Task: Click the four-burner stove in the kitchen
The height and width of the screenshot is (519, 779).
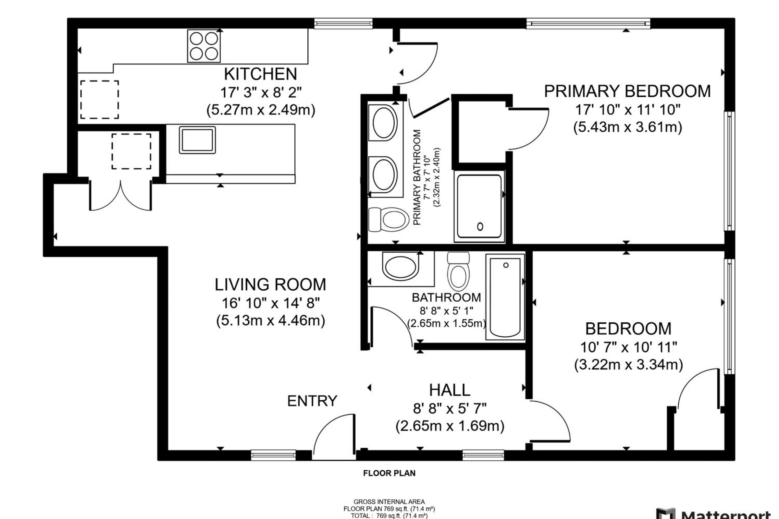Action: (x=204, y=46)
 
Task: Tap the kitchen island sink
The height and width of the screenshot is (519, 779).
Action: (x=197, y=140)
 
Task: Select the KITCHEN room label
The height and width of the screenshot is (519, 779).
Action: (x=261, y=74)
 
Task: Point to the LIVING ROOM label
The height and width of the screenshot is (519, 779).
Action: (x=270, y=284)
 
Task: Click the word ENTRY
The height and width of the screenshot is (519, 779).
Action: (x=312, y=401)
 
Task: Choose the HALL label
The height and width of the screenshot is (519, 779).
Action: (x=450, y=390)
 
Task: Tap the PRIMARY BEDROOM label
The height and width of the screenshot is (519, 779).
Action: (x=627, y=91)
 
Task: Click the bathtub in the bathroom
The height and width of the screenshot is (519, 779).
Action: (x=505, y=297)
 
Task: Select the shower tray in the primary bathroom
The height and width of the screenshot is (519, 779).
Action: (x=479, y=206)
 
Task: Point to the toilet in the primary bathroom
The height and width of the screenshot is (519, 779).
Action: (x=389, y=220)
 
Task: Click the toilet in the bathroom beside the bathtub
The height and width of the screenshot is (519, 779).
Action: (x=458, y=271)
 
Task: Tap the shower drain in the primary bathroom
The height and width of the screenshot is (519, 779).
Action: (x=480, y=227)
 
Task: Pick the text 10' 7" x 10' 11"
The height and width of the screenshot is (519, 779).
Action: (x=628, y=347)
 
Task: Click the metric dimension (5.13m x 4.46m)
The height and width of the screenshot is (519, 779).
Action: (x=271, y=320)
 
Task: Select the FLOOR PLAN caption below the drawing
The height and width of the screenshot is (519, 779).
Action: (x=389, y=473)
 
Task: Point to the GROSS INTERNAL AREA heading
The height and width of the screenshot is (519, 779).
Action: (x=389, y=502)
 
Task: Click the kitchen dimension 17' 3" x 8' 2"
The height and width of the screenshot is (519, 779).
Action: (x=261, y=92)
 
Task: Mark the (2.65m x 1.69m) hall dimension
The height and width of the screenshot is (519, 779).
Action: (x=450, y=426)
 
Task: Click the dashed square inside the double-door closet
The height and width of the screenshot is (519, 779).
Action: (x=131, y=151)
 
